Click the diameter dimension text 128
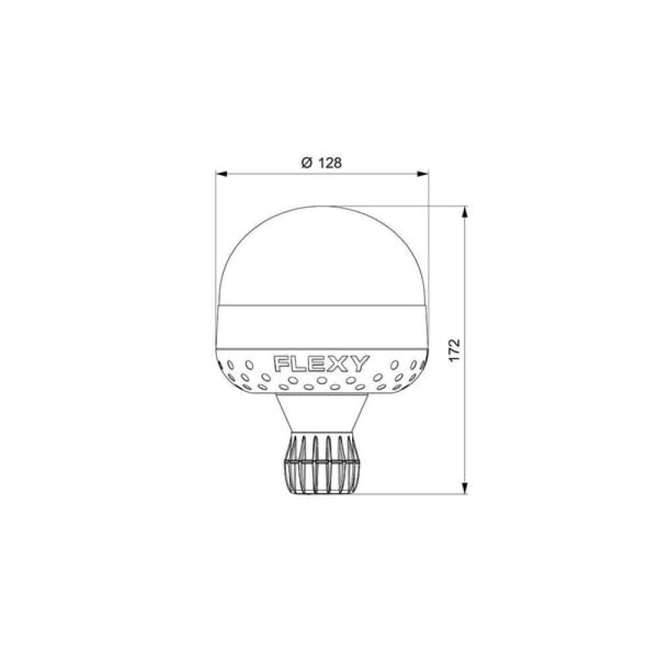tap(329, 163)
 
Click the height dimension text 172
tap(454, 351)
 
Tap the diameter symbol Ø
tap(307, 163)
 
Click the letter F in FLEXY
tap(281, 364)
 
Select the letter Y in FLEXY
tap(361, 364)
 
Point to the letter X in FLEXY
tap(340, 364)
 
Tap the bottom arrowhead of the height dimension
tap(464, 488)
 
